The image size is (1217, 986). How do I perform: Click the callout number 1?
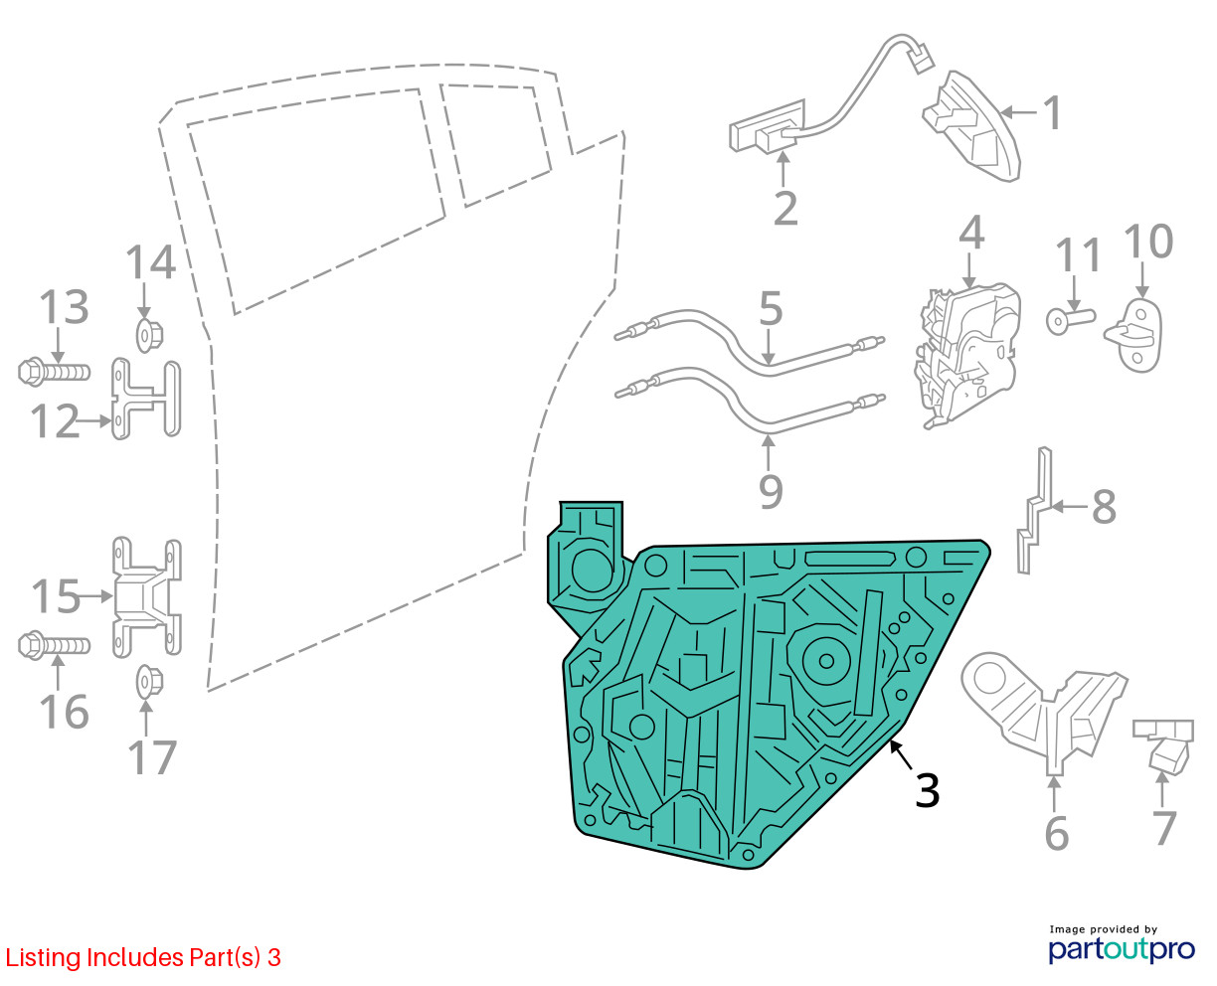pos(1052,112)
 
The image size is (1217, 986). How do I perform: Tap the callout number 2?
pos(785,209)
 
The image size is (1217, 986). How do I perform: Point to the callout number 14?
pos(150,262)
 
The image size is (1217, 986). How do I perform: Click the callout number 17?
pos(152,757)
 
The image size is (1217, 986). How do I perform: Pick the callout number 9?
pos(771,491)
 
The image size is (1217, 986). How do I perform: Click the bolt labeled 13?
pos(54,372)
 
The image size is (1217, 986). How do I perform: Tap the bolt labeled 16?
pos(54,645)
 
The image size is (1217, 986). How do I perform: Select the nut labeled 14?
pos(150,336)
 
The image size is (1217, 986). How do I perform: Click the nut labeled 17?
pos(150,682)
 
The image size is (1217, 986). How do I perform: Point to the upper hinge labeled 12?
pos(146,399)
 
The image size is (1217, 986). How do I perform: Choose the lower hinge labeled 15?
pos(146,597)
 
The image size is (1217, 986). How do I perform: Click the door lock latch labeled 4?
pos(965,356)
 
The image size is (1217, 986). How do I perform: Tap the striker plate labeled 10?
pos(1134,337)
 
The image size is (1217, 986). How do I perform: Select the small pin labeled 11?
pos(1070,320)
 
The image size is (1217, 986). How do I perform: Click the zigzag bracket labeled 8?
pos(1035,510)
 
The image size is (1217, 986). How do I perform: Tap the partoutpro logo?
pos(1121,949)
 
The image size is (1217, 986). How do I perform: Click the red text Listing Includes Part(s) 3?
pos(143,957)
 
